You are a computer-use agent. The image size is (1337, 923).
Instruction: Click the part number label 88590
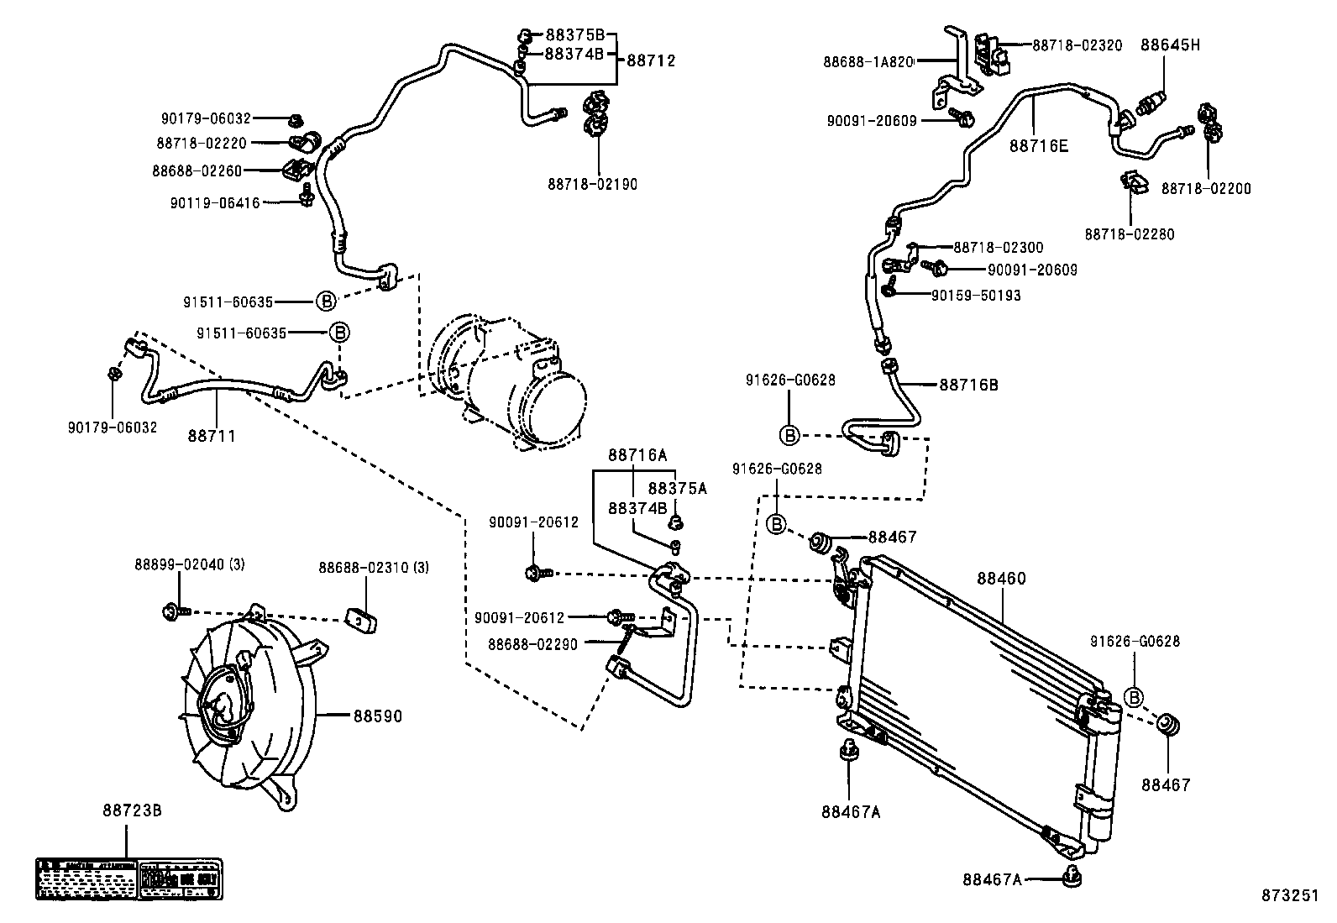377,716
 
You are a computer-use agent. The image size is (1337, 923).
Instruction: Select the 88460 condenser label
1001,579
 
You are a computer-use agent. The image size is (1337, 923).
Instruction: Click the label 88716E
1039,146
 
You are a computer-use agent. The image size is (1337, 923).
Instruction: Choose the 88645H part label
1170,45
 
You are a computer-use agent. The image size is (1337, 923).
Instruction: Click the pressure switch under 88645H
1151,101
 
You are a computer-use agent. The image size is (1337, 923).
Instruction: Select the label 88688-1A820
868,61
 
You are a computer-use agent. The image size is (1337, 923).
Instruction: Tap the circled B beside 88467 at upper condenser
777,524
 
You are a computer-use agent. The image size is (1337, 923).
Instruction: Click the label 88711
212,436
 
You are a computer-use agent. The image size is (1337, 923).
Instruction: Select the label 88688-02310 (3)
373,568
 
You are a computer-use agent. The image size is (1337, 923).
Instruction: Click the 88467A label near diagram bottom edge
992,879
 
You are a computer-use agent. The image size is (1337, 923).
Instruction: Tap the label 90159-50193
976,296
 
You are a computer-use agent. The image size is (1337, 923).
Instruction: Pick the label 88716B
968,385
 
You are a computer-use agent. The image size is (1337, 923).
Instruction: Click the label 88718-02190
592,184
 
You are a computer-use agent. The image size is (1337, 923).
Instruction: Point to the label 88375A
677,488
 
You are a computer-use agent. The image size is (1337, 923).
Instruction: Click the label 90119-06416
215,202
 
